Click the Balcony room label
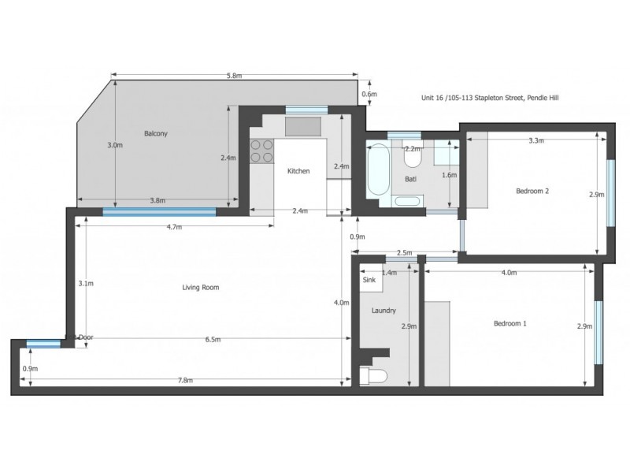[x=155, y=133]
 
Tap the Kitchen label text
[x=298, y=171]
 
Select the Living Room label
[x=200, y=288]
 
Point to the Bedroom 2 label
[x=532, y=191]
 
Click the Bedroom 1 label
[x=510, y=324]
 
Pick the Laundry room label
[x=383, y=311]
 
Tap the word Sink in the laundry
[x=369, y=280]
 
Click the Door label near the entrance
[x=86, y=337]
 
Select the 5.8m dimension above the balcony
[x=234, y=76]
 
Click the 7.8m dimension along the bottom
[x=185, y=381]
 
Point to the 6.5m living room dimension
[x=212, y=340]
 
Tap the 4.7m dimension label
[x=174, y=227]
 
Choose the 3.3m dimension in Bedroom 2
[x=537, y=141]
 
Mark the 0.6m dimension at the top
[x=369, y=95]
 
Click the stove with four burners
[x=261, y=151]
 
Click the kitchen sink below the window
[x=303, y=126]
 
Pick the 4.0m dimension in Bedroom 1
[x=508, y=273]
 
